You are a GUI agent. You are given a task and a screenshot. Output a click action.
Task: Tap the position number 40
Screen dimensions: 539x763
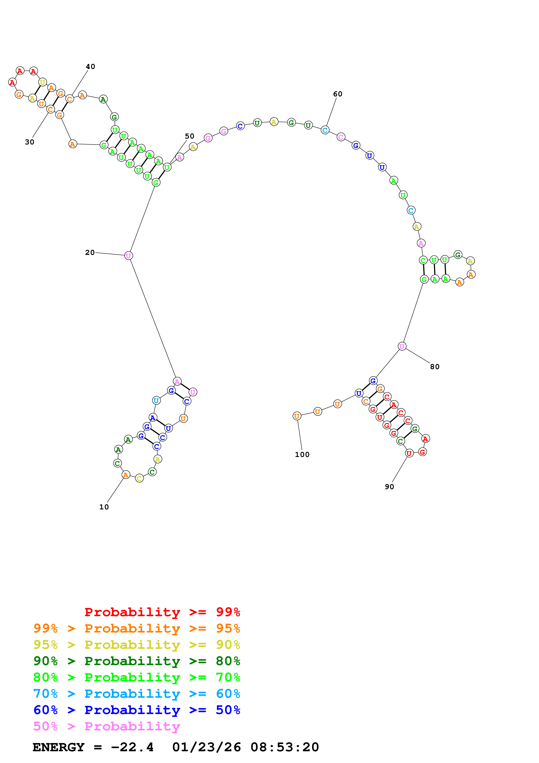90,67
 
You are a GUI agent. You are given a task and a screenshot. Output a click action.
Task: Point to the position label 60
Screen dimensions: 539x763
337,94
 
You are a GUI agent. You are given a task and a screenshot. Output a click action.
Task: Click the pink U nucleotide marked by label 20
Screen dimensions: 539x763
128,256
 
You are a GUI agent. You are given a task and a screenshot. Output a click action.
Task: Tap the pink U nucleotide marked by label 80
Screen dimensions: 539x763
402,346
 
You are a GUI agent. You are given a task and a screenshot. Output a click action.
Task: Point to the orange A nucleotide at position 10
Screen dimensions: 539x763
125,475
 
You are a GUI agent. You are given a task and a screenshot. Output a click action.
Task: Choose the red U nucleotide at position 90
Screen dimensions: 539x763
409,453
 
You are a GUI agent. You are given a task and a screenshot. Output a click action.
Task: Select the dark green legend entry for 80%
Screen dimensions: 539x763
137,661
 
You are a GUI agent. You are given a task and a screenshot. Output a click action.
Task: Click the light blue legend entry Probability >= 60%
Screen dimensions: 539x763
137,694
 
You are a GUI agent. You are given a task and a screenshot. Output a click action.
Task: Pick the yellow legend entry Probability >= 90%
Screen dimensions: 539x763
137,645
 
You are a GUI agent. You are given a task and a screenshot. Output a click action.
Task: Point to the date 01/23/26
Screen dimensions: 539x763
206,747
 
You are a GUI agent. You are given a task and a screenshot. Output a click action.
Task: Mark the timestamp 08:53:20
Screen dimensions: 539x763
285,747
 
